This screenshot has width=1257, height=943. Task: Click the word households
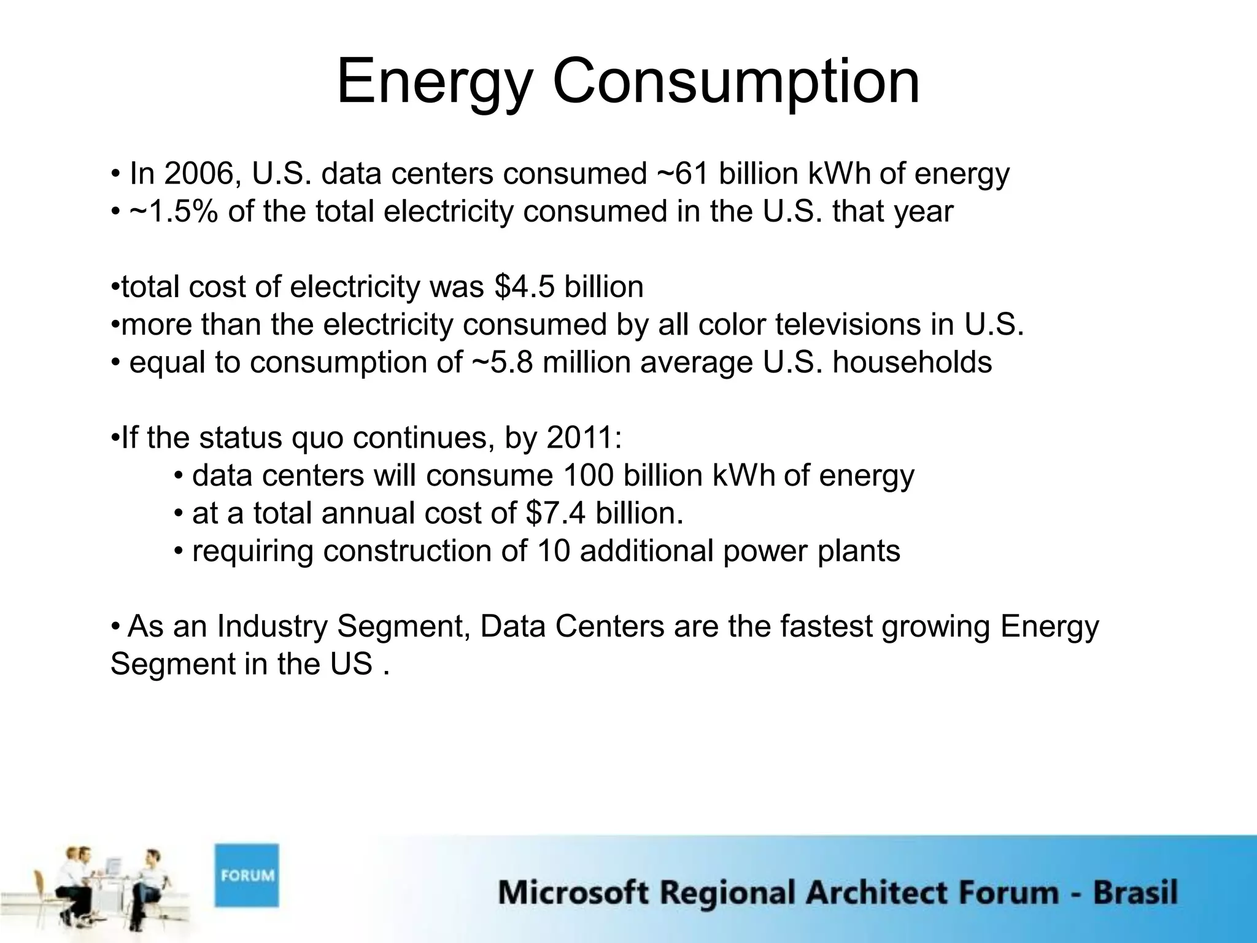click(912, 362)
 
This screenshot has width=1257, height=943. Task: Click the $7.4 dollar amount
click(555, 513)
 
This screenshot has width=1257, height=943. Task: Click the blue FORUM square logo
click(246, 875)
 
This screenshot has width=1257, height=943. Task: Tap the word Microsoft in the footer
click(573, 892)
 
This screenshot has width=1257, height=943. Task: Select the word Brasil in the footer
click(1135, 892)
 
